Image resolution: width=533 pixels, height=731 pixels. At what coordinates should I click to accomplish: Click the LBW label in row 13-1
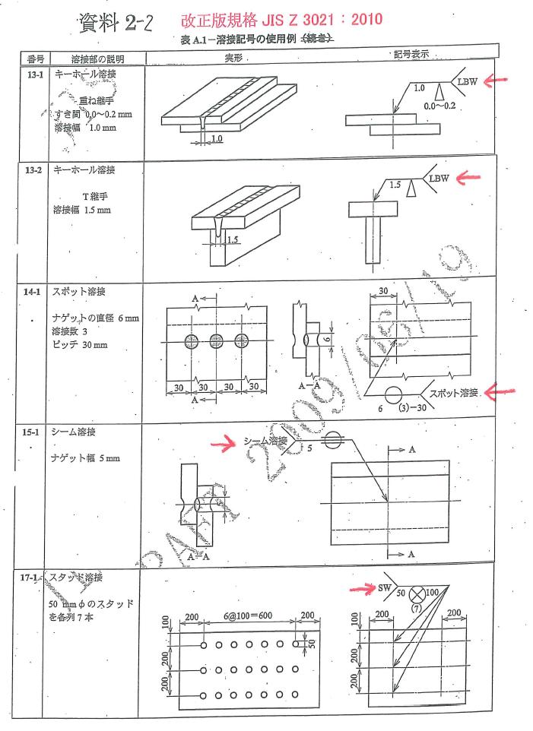tap(467, 81)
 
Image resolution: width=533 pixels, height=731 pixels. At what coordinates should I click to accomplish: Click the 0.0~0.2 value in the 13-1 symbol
tap(440, 105)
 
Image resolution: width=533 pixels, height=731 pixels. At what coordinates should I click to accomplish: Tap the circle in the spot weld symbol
tap(393, 395)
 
